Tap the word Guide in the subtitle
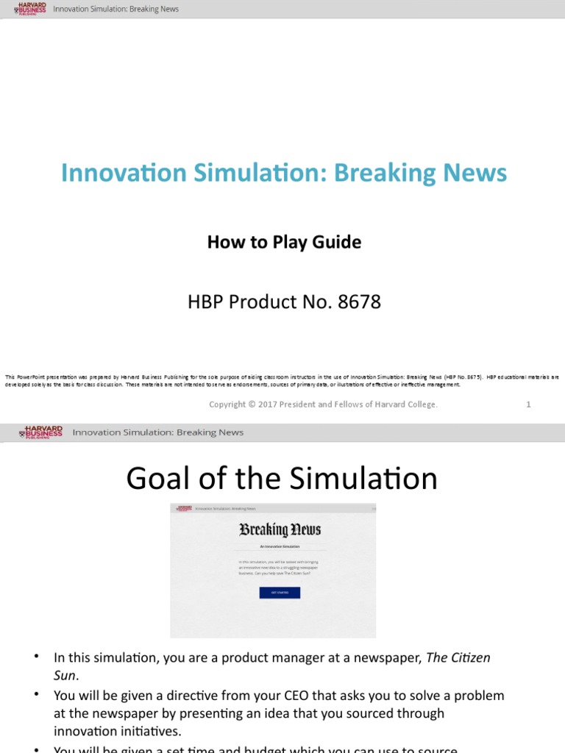(x=337, y=242)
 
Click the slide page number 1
(x=528, y=404)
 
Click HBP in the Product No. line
(x=204, y=301)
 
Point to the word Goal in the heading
(x=157, y=479)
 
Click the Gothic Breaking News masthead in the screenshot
(x=280, y=529)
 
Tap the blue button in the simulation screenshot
(x=280, y=592)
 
